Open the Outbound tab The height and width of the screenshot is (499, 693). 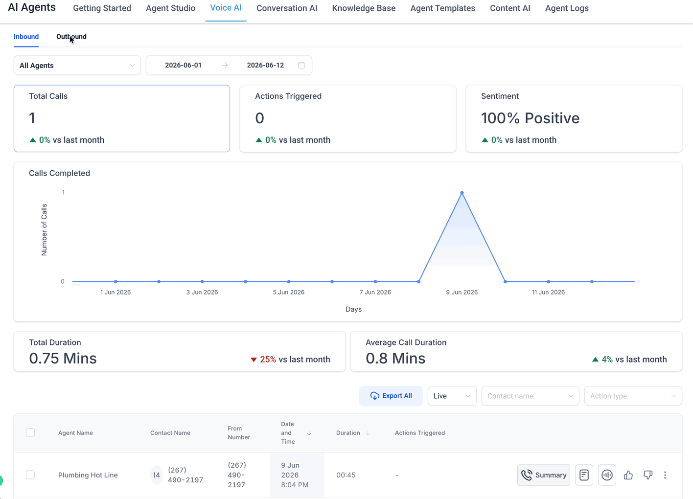pos(71,37)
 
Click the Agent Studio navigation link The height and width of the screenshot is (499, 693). pos(170,8)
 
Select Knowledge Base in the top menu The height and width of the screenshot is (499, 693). pos(364,8)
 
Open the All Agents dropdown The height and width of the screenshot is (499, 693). pos(77,65)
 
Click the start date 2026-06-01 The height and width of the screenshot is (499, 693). pos(183,65)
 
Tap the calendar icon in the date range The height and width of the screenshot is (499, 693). pos(301,65)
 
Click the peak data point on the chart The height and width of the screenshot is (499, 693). pos(462,193)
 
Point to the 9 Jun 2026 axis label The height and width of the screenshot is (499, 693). pos(462,292)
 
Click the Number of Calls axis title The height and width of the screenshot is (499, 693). pos(44,230)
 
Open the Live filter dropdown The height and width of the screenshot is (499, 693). pos(452,396)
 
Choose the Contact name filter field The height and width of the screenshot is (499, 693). pos(530,396)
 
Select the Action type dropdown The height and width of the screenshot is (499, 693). pos(633,396)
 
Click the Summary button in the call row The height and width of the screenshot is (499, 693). pos(544,475)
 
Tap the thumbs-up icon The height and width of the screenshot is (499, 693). pos(628,475)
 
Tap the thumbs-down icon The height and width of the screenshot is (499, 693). pos(648,475)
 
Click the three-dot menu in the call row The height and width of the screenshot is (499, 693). pos(665,475)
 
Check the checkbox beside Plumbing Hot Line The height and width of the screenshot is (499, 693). pos(30,475)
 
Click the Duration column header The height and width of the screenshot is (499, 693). pos(348,433)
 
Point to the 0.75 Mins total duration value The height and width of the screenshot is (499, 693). pos(63,359)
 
